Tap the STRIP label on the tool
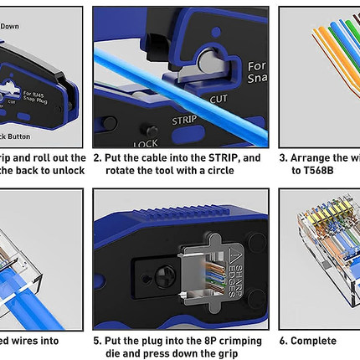coord(184,119)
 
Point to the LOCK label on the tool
coord(145,143)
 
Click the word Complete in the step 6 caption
coord(312,341)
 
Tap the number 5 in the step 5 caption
coord(96,341)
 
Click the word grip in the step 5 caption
coord(227,353)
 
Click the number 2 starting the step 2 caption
coord(96,157)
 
